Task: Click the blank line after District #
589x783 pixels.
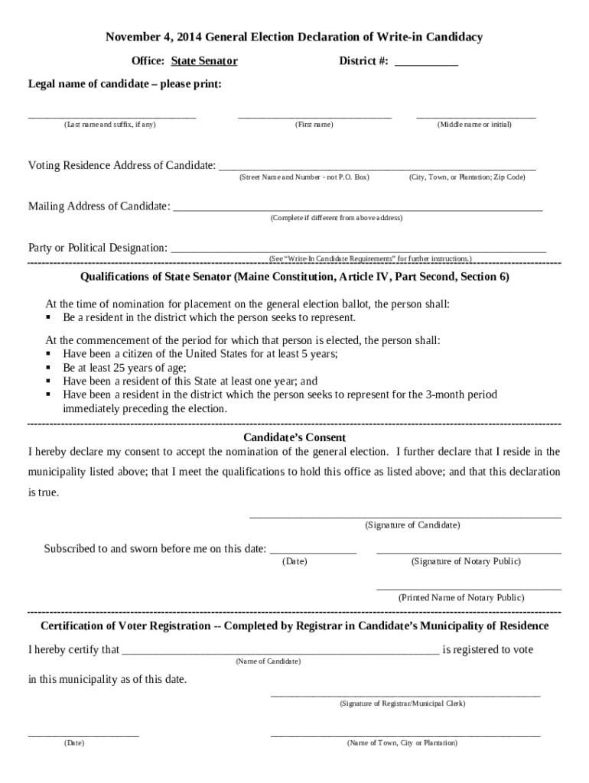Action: (426, 66)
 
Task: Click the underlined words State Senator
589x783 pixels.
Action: (204, 61)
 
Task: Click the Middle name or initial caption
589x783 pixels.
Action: (474, 124)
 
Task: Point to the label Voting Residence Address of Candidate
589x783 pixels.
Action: (122, 166)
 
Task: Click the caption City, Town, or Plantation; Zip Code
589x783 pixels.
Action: (467, 177)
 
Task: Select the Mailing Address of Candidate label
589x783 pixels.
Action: (99, 206)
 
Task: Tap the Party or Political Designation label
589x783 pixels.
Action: (98, 248)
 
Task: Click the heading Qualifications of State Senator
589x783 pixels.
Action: (294, 277)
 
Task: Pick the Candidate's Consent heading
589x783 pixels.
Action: (294, 437)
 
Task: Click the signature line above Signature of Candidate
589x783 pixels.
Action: (405, 517)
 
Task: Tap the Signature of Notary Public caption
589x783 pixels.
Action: (466, 561)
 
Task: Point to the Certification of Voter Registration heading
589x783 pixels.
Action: (294, 625)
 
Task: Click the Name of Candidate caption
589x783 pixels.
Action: (268, 661)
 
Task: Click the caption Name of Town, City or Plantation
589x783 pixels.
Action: (402, 742)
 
